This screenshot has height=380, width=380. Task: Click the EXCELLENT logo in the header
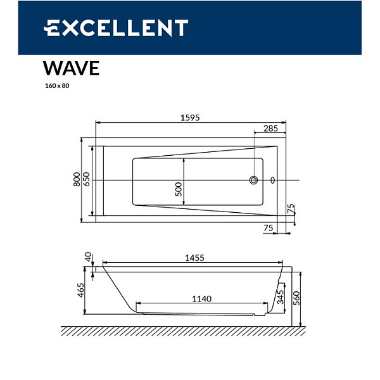116,28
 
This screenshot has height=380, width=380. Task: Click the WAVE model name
71,68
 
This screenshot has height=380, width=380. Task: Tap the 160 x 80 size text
56,86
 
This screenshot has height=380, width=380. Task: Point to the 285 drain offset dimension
270,129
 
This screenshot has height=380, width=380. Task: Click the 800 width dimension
77,179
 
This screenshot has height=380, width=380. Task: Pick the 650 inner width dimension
87,179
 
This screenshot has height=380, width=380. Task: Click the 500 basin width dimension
179,187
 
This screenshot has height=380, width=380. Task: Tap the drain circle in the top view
254,180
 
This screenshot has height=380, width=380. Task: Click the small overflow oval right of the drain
273,180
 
